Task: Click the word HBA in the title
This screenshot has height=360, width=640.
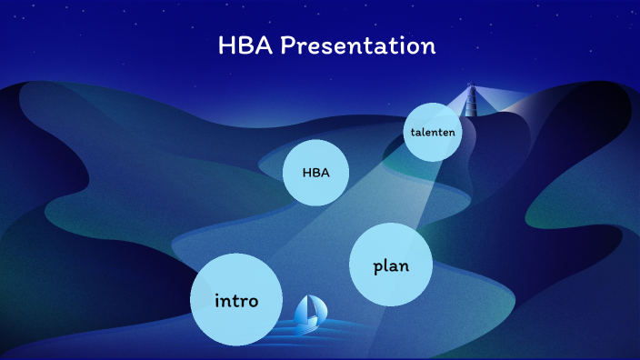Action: (x=245, y=45)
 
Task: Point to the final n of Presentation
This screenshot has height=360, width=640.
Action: (x=428, y=47)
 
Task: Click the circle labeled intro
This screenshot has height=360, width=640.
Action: (x=235, y=300)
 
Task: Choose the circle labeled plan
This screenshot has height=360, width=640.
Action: (x=391, y=265)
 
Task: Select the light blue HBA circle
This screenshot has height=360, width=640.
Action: (x=316, y=172)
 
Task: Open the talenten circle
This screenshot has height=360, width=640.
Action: (x=432, y=132)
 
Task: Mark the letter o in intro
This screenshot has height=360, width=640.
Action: (x=253, y=302)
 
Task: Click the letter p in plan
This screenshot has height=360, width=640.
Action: (x=378, y=267)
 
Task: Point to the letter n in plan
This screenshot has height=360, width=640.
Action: (x=404, y=266)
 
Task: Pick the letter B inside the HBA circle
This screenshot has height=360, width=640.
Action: (x=315, y=172)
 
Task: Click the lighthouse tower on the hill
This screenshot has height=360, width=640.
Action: (x=471, y=105)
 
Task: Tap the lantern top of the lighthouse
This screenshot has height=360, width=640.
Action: (x=471, y=87)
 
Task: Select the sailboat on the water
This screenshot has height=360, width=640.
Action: (x=308, y=314)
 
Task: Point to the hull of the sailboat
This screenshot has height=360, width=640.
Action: (x=307, y=326)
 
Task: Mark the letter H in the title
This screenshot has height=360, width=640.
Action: (x=227, y=45)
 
